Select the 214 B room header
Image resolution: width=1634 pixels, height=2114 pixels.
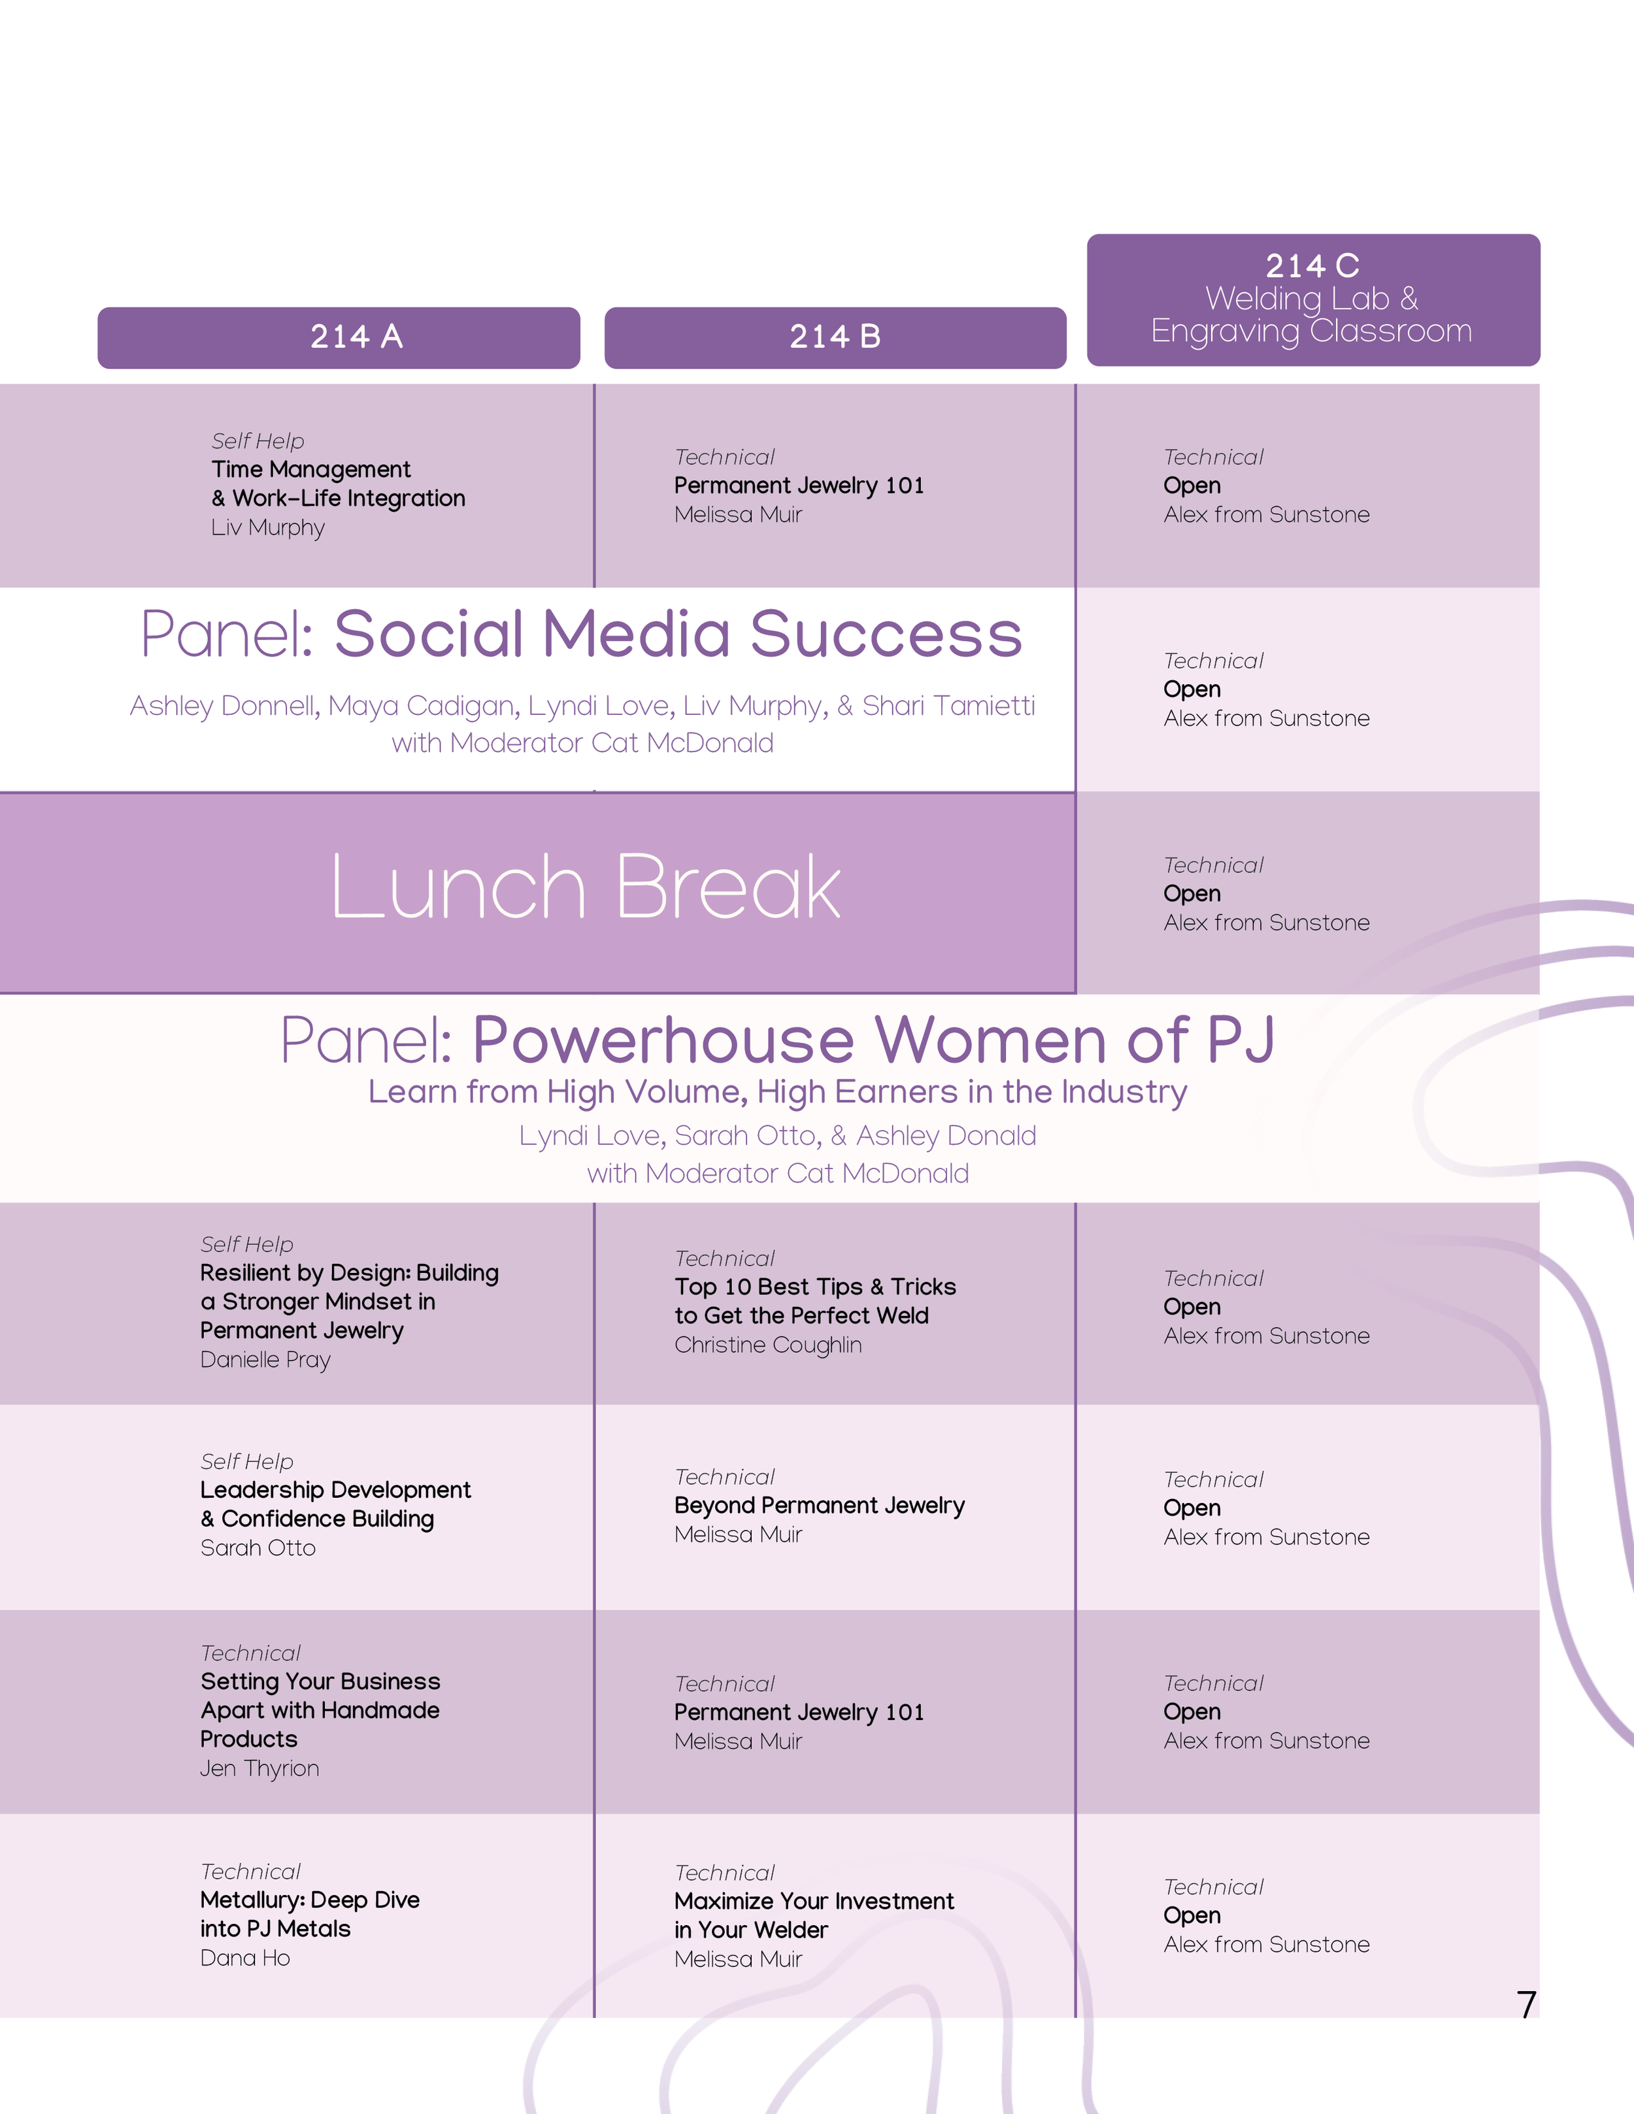[835, 337]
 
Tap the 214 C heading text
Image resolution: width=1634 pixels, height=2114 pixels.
[1312, 265]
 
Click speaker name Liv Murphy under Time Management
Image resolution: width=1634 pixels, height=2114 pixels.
[268, 527]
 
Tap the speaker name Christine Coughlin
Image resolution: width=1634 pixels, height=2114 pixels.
[767, 1344]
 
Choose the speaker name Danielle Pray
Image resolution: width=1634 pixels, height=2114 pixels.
[265, 1359]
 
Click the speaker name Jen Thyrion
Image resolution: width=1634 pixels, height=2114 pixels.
[259, 1768]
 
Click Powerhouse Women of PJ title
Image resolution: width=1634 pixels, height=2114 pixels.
[873, 1040]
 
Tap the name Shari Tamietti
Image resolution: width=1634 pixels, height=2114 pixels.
[948, 706]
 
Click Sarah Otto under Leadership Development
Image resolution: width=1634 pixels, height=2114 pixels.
[258, 1547]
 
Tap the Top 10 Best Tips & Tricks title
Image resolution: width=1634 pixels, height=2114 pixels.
[815, 1287]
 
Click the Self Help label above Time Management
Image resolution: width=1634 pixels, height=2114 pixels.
[258, 441]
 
